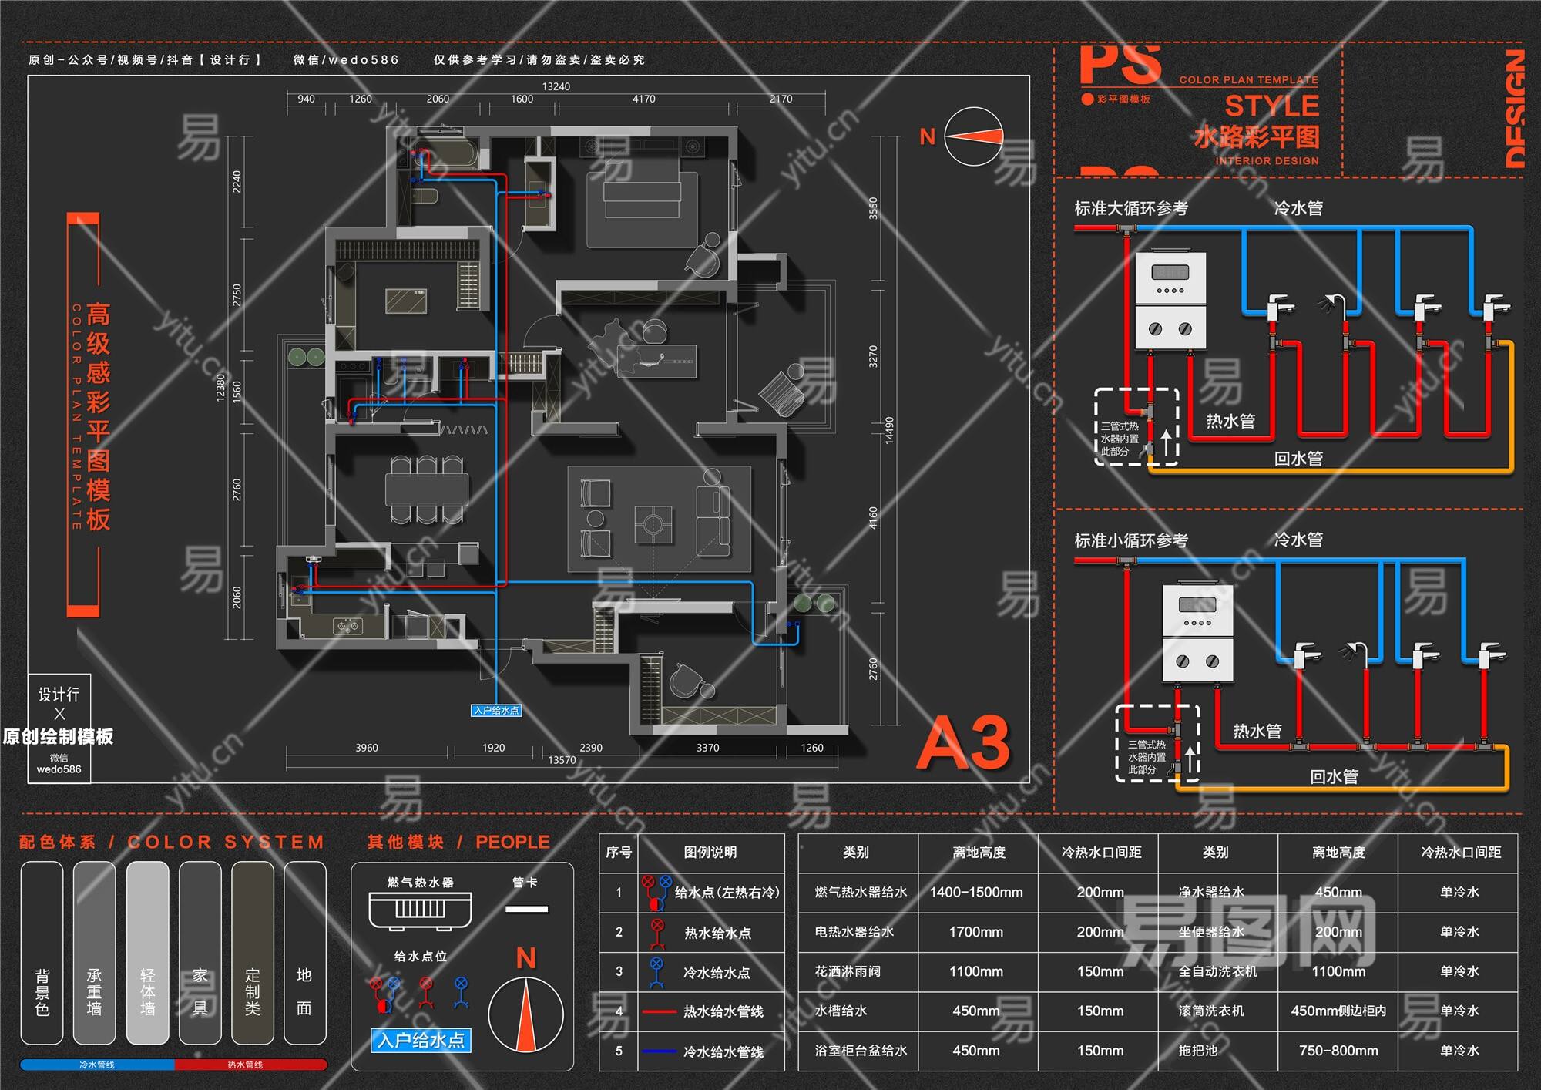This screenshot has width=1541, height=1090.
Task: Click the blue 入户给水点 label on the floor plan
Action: point(496,711)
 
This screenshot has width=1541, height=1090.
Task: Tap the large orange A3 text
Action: point(963,743)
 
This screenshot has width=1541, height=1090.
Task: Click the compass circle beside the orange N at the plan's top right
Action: point(974,136)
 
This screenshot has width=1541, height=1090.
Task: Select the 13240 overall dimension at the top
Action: point(556,86)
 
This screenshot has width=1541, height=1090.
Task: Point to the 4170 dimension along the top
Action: point(644,99)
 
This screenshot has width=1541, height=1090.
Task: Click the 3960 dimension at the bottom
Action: point(367,748)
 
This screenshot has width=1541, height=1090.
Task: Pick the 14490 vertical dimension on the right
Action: point(889,430)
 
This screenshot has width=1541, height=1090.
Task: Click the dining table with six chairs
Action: point(426,489)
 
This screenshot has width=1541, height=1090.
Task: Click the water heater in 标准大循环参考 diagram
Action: point(1170,301)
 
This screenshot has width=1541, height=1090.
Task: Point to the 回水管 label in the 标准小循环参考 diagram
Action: point(1334,777)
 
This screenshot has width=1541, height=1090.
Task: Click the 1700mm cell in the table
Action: point(976,932)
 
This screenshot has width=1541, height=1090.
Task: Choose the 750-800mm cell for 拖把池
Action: point(1338,1051)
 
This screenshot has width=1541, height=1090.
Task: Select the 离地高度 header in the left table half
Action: point(979,853)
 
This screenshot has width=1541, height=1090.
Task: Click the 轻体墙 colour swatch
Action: point(147,953)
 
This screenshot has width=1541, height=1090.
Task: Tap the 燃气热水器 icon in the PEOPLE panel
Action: point(420,909)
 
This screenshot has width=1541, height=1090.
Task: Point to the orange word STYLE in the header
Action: point(1271,106)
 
